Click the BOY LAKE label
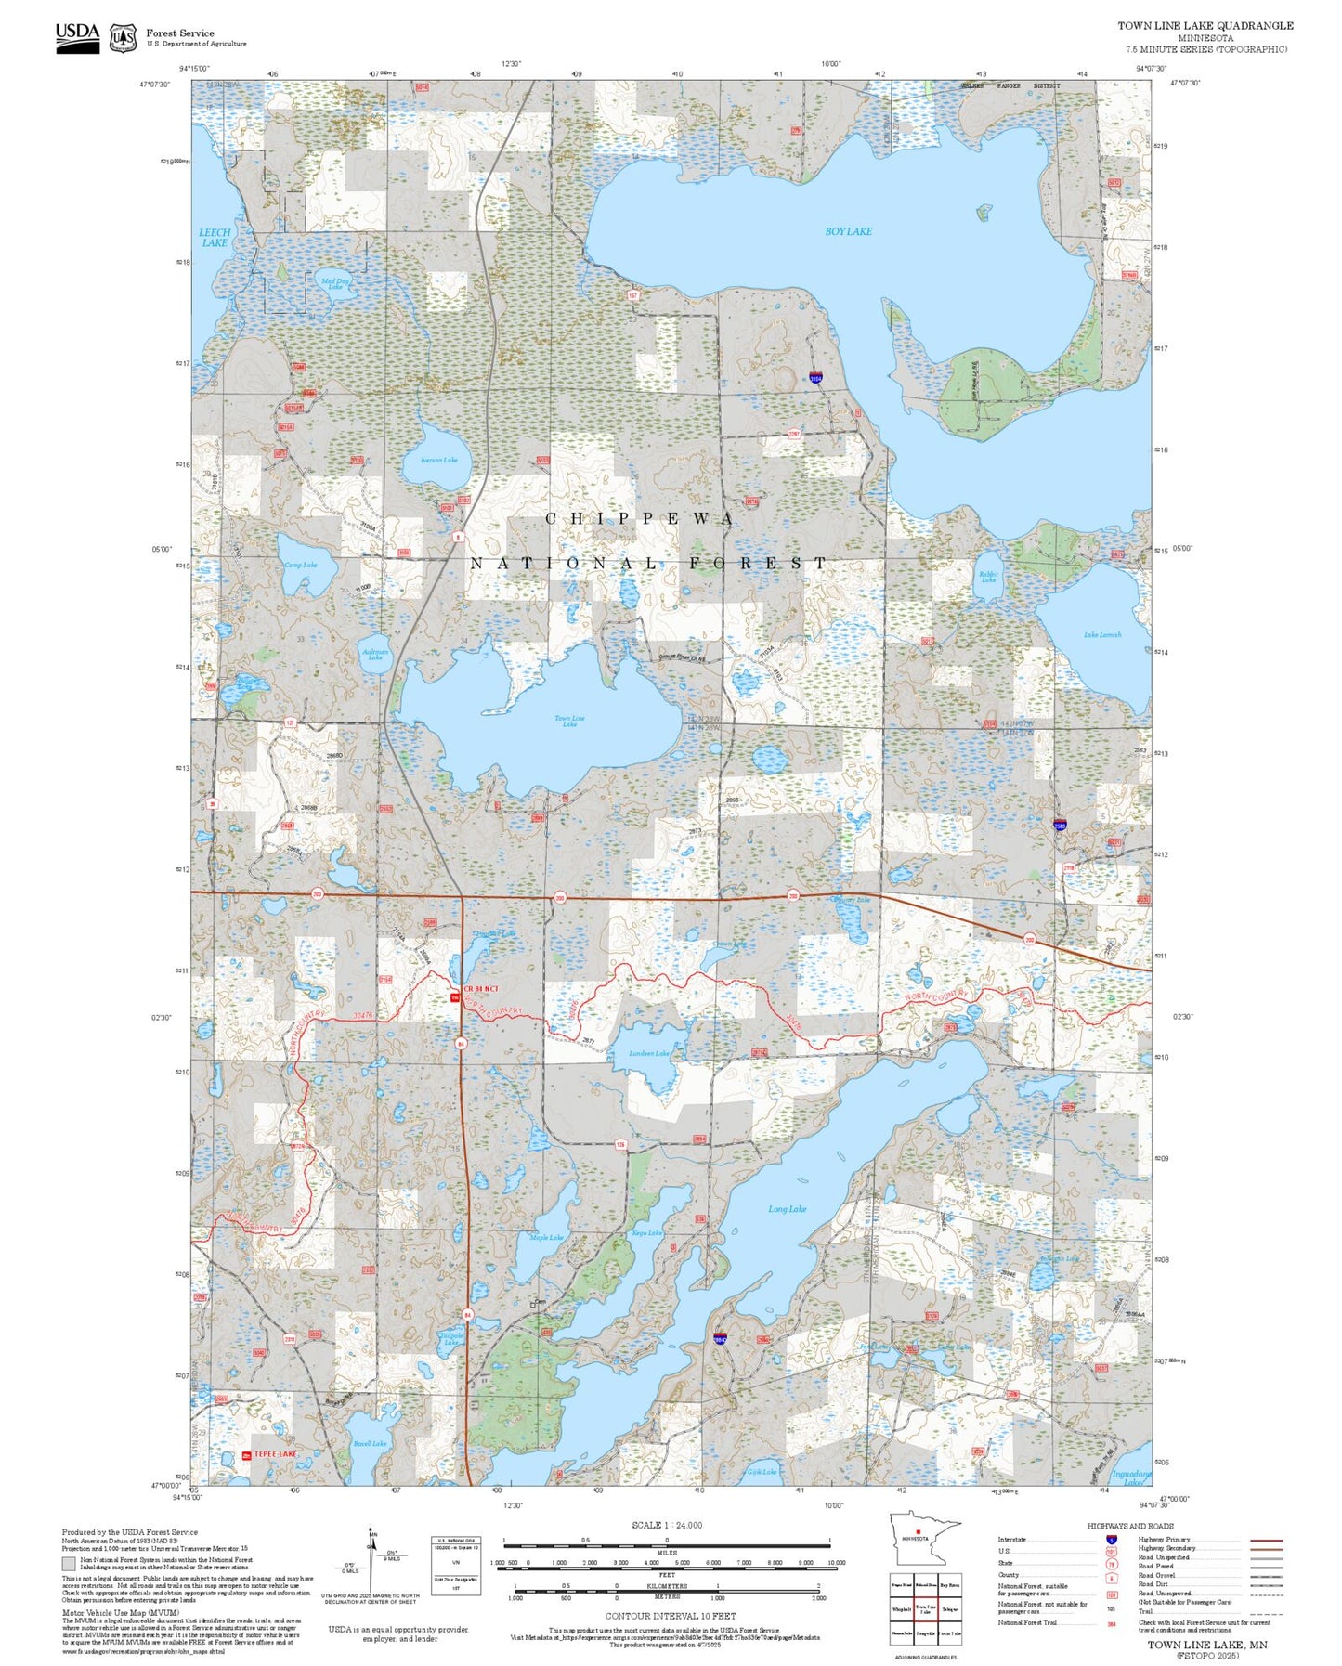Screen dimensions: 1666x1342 (848, 231)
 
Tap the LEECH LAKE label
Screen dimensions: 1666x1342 (215, 238)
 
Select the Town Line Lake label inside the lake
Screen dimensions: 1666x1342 (569, 721)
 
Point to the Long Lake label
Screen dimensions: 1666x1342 (787, 1209)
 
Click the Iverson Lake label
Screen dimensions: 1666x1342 (438, 460)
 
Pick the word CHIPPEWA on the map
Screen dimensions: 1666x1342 (640, 519)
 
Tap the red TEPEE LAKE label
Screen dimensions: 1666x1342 (275, 1454)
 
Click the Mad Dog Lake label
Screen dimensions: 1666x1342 (334, 283)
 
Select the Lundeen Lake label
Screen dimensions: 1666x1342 (648, 1053)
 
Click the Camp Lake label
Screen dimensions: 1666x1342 (300, 565)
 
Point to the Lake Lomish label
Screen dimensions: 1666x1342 (1102, 635)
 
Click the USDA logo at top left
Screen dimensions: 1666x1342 (77, 37)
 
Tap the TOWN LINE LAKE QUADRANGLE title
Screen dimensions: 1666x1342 (1205, 26)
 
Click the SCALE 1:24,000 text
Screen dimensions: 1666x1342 (667, 1525)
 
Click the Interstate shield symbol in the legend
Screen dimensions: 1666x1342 (1112, 1540)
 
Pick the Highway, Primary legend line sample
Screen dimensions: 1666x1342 (1266, 1540)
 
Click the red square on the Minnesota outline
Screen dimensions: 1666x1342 (918, 1532)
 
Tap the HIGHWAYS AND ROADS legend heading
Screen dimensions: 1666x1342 (1129, 1526)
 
